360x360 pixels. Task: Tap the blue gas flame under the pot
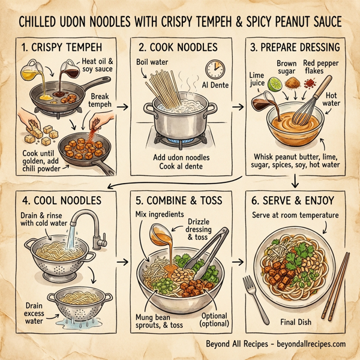[177, 140]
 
